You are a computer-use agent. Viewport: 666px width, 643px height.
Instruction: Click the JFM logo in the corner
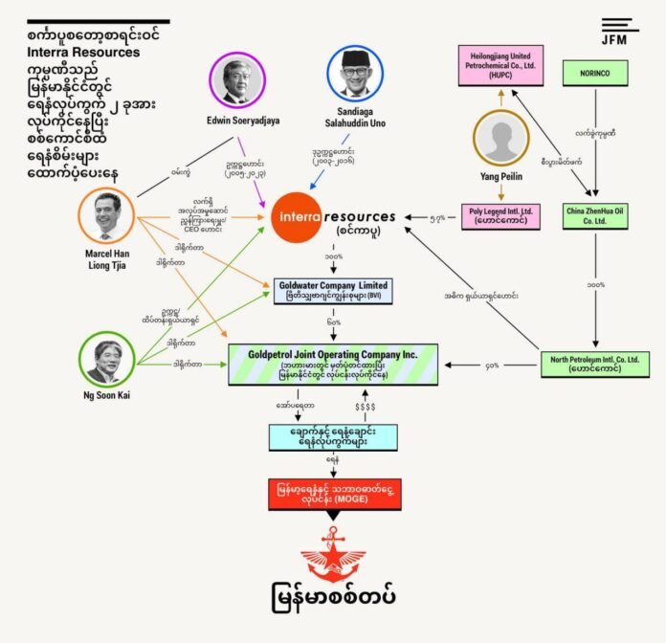(621, 31)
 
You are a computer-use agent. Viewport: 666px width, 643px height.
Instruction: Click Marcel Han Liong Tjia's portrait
(108, 216)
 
